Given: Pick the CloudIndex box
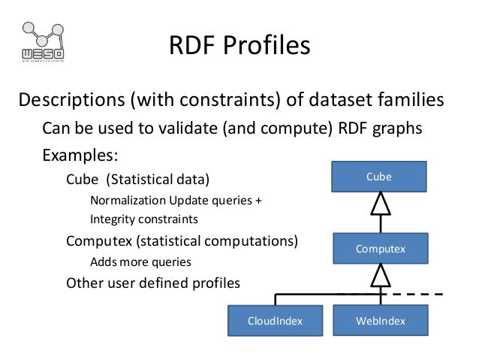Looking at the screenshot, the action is pyautogui.click(x=275, y=321).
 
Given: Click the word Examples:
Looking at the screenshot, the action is pyautogui.click(x=80, y=156).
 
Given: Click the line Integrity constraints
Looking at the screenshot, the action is pyautogui.click(x=143, y=220).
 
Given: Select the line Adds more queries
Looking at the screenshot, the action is pyautogui.click(x=140, y=263).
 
